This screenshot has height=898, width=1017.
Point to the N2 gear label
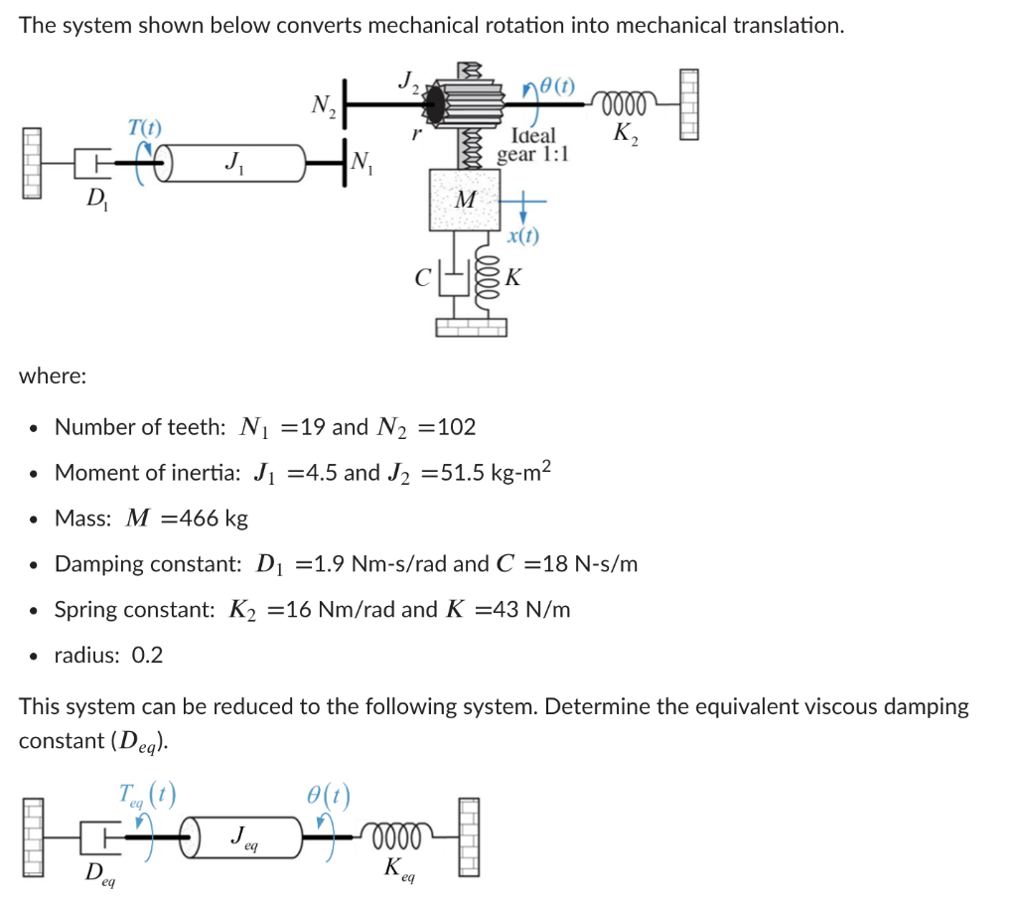324,104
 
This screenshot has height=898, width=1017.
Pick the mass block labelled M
463,199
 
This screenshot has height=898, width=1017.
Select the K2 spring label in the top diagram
627,133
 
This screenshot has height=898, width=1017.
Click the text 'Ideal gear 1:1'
533,144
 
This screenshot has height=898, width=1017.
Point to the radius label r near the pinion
420,130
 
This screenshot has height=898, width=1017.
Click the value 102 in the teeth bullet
456,427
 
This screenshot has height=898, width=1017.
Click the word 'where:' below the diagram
53,376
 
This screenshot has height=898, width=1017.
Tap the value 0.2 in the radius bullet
147,656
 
